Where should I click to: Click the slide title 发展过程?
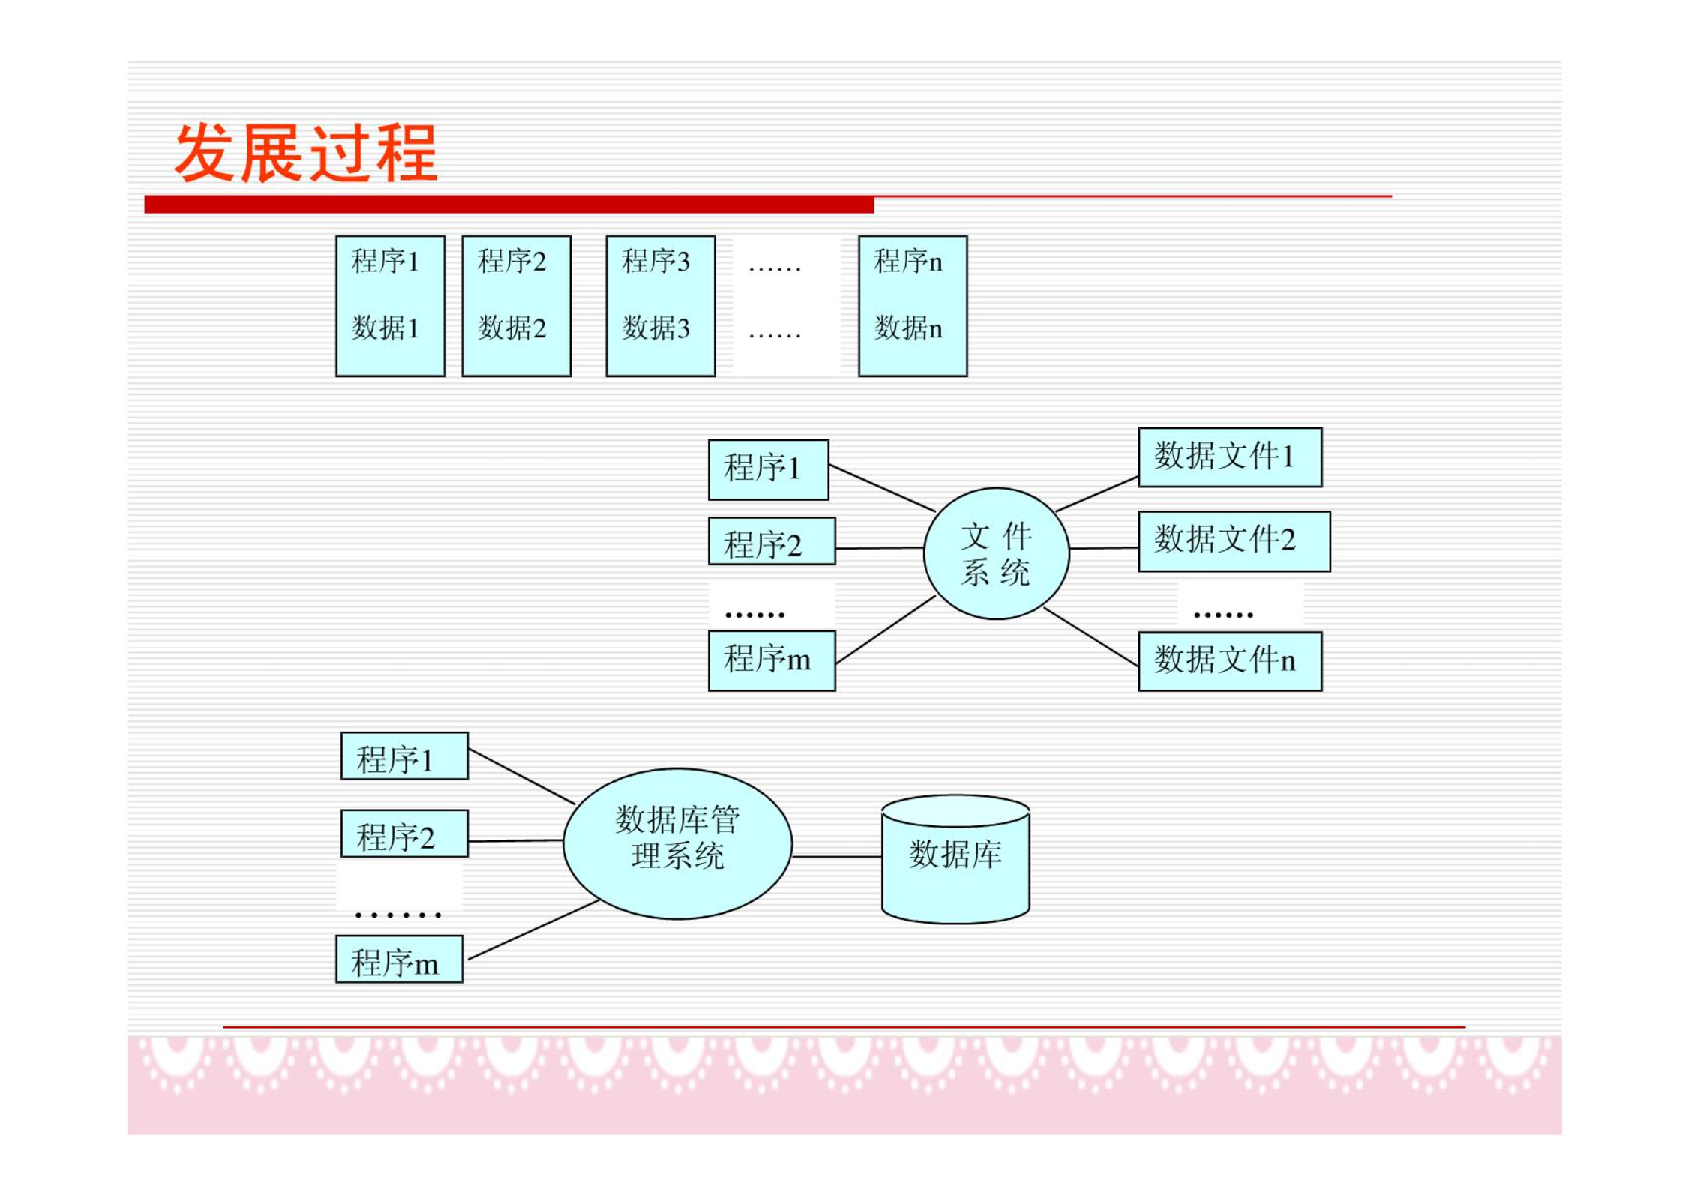pyautogui.click(x=306, y=153)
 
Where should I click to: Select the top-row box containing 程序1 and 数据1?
pyautogui.click(x=390, y=306)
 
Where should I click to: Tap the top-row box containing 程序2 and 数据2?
pyautogui.click(x=516, y=306)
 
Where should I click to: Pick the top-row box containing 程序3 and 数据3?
pyautogui.click(x=660, y=306)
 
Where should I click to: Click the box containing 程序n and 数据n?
pyautogui.click(x=913, y=306)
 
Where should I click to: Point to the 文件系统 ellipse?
pyautogui.click(x=996, y=553)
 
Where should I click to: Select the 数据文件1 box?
pyautogui.click(x=1230, y=457)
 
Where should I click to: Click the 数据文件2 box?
pyautogui.click(x=1234, y=541)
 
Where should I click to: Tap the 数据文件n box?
pyautogui.click(x=1230, y=661)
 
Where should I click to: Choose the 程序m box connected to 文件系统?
pyautogui.click(x=772, y=660)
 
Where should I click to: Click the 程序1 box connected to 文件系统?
pyautogui.click(x=769, y=469)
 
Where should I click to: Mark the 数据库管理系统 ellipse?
pyautogui.click(x=677, y=843)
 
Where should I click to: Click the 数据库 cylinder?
pyautogui.click(x=955, y=859)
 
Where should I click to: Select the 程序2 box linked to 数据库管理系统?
pyautogui.click(x=404, y=833)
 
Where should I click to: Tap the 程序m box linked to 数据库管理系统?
pyautogui.click(x=399, y=959)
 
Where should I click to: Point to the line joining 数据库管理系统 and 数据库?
pyautogui.click(x=837, y=856)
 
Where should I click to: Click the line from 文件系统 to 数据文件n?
pyautogui.click(x=1091, y=636)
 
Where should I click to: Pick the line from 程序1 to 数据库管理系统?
pyautogui.click(x=521, y=777)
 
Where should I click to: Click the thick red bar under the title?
pyautogui.click(x=509, y=205)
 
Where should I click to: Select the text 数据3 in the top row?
pyautogui.click(x=655, y=328)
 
